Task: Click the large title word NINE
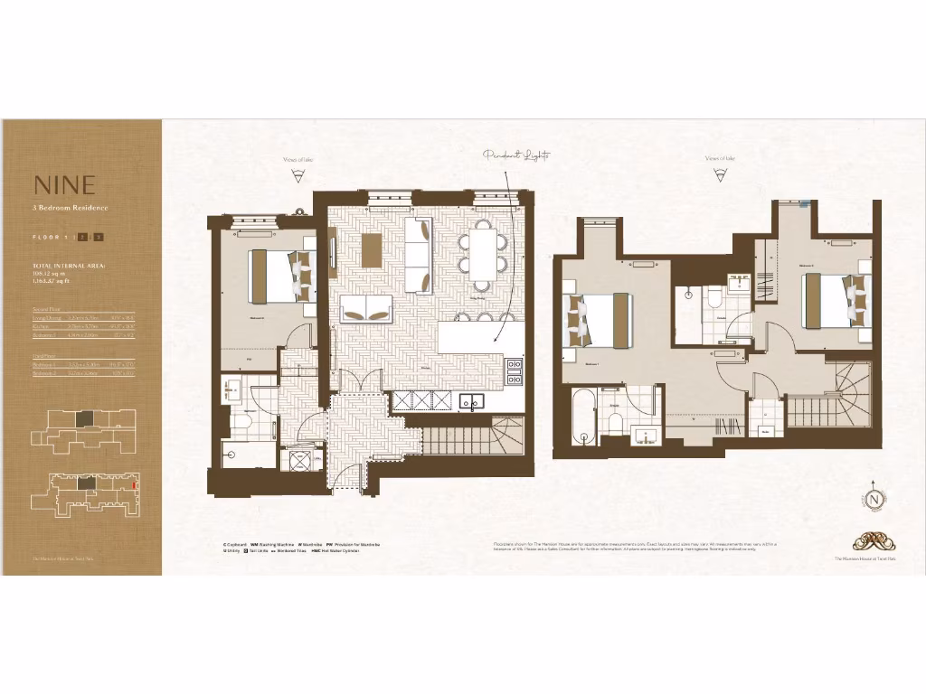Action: tap(64, 185)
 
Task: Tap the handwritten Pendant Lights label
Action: tap(516, 155)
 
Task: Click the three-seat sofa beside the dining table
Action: tap(418, 254)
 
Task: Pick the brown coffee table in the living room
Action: tap(372, 250)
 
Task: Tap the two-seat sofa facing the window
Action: tap(366, 309)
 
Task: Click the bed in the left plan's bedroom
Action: tap(280, 276)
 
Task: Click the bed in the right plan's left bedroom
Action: tap(596, 321)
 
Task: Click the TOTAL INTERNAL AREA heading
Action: tap(69, 265)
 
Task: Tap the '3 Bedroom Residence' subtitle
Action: tap(70, 209)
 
